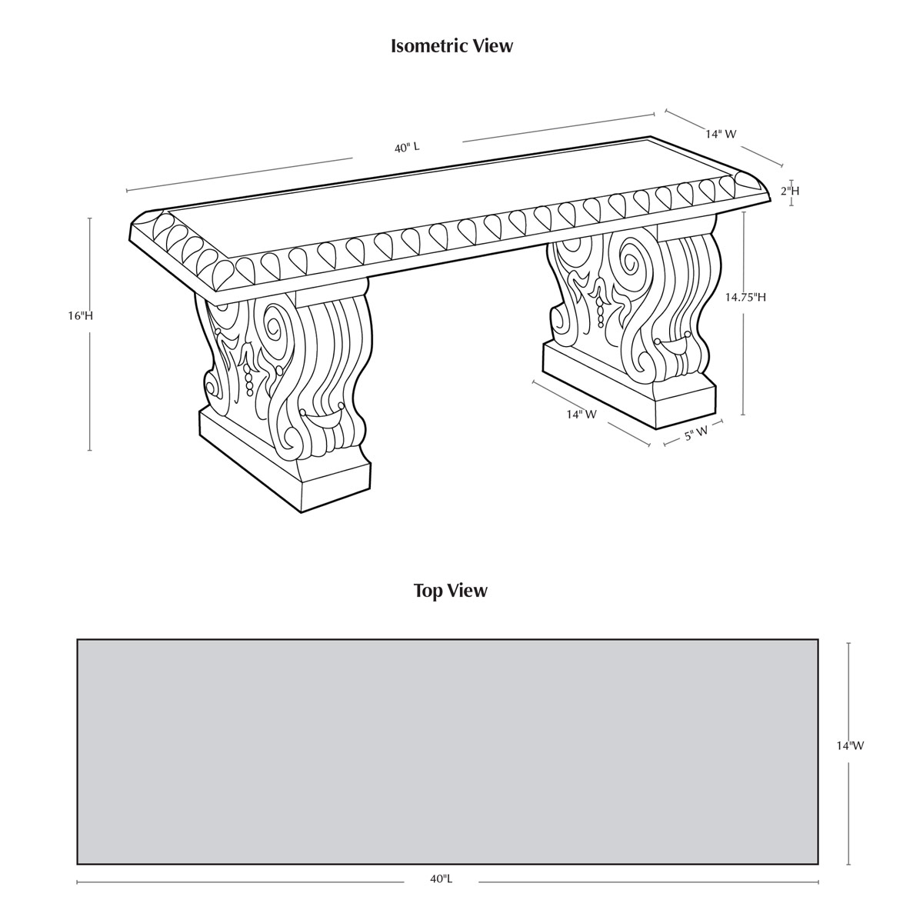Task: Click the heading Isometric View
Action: pyautogui.click(x=452, y=46)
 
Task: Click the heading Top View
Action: pyautogui.click(x=451, y=591)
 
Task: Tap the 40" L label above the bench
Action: pyautogui.click(x=407, y=148)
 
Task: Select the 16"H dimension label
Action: pyautogui.click(x=80, y=315)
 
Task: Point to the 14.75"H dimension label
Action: pyautogui.click(x=745, y=297)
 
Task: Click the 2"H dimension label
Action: pyautogui.click(x=791, y=191)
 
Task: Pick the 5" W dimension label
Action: pyautogui.click(x=696, y=435)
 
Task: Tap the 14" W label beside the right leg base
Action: pyautogui.click(x=581, y=415)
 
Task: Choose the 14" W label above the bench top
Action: pyautogui.click(x=721, y=134)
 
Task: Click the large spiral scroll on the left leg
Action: pyautogui.click(x=275, y=325)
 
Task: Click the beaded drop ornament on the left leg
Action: pyautogui.click(x=248, y=381)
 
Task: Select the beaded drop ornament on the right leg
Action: pyautogui.click(x=599, y=312)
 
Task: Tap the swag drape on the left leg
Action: pyautogui.click(x=321, y=416)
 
